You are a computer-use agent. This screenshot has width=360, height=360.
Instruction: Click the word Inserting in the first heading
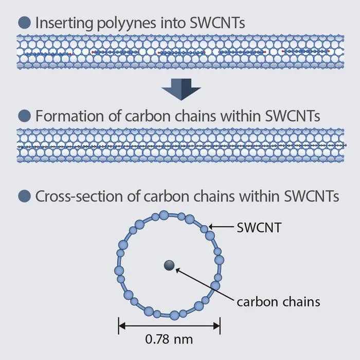pyautogui.click(x=64, y=23)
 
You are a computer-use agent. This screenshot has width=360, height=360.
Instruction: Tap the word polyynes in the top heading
pyautogui.click(x=127, y=24)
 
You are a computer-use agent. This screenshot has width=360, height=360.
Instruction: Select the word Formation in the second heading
pyautogui.click(x=70, y=116)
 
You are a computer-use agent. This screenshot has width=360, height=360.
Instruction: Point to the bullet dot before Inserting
pyautogui.click(x=24, y=23)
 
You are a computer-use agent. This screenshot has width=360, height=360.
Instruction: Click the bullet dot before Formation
pyautogui.click(x=24, y=116)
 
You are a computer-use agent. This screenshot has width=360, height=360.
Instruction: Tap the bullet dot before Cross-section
pyautogui.click(x=24, y=196)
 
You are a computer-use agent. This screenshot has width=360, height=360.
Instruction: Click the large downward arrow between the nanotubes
pyautogui.click(x=181, y=89)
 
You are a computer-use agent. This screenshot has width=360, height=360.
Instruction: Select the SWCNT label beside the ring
pyautogui.click(x=259, y=227)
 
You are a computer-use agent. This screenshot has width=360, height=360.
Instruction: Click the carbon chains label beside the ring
pyautogui.click(x=278, y=302)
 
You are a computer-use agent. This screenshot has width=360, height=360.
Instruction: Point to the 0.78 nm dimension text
pyautogui.click(x=169, y=339)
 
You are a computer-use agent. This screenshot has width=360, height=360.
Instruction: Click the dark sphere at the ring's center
pyautogui.click(x=169, y=265)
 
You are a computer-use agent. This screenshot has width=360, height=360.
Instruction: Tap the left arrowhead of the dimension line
pyautogui.click(x=122, y=326)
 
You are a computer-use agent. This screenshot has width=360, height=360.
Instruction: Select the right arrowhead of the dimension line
pyautogui.click(x=217, y=326)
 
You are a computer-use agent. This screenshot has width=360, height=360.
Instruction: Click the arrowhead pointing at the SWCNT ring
pyautogui.click(x=211, y=227)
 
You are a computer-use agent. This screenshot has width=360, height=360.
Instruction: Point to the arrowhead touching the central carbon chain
pyautogui.click(x=178, y=271)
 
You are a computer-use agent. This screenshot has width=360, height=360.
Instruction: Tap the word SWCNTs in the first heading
pyautogui.click(x=218, y=23)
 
